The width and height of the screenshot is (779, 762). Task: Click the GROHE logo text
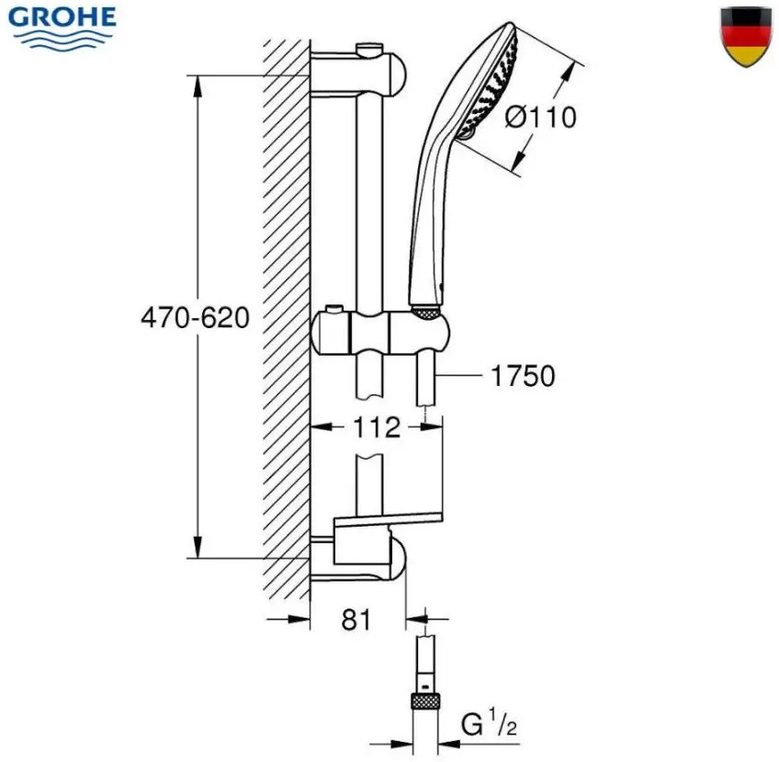(x=62, y=17)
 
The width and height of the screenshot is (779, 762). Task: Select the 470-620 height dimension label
(x=195, y=318)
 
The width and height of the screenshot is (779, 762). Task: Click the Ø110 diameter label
(x=540, y=118)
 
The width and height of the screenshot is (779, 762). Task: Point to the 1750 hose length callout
(x=523, y=375)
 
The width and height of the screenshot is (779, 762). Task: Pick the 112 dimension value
(x=376, y=427)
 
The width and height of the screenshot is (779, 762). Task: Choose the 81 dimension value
(x=356, y=620)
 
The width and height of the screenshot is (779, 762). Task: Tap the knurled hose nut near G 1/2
(x=425, y=702)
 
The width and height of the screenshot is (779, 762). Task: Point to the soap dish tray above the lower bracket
(x=388, y=519)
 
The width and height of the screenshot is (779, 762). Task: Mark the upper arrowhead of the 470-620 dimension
(x=198, y=88)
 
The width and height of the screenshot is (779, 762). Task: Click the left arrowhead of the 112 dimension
(x=322, y=427)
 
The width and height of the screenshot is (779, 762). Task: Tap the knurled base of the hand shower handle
(x=425, y=313)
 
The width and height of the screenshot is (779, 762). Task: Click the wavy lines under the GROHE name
(x=63, y=40)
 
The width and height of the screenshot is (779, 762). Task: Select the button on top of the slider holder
(x=333, y=308)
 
